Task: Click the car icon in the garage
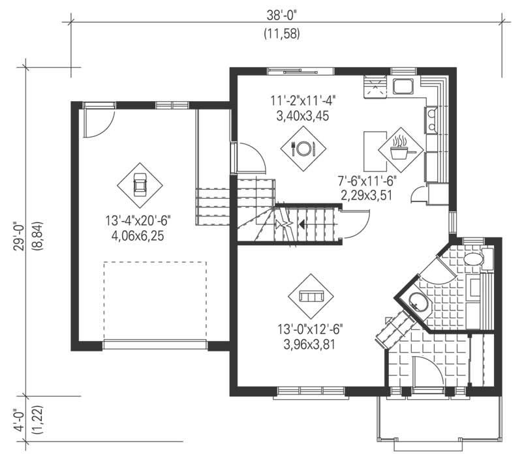point(139,185)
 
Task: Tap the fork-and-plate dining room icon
point(303,148)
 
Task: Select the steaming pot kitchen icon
point(400,149)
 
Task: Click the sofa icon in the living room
point(311,296)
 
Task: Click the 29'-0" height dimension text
point(19,238)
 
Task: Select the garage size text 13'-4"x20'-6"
point(138,220)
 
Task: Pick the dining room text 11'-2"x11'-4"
point(303,101)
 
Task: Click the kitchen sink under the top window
point(403,85)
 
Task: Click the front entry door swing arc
point(431,368)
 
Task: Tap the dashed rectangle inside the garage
point(155,300)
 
